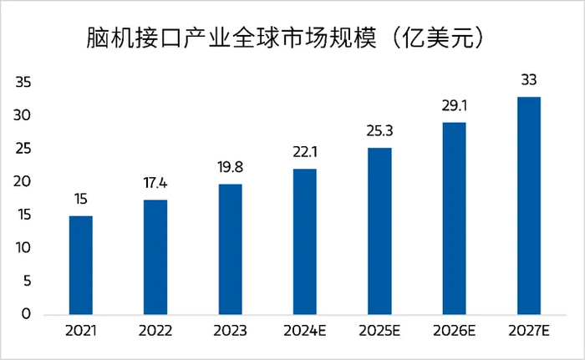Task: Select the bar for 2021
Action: (x=80, y=265)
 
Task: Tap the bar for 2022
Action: (x=155, y=257)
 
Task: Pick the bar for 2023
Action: (x=230, y=249)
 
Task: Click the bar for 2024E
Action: (x=304, y=241)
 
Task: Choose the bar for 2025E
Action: (x=379, y=231)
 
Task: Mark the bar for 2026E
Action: (x=454, y=219)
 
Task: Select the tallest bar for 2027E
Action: (x=528, y=205)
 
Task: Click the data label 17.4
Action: (x=155, y=183)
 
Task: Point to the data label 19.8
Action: (x=230, y=166)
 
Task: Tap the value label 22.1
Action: (x=304, y=151)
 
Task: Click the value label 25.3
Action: (x=379, y=130)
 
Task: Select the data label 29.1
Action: (x=454, y=105)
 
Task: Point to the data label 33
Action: (x=528, y=80)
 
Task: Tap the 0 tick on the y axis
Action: (x=27, y=315)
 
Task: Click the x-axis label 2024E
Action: (x=304, y=332)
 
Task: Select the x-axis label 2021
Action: (x=80, y=332)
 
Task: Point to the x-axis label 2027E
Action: (x=528, y=332)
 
